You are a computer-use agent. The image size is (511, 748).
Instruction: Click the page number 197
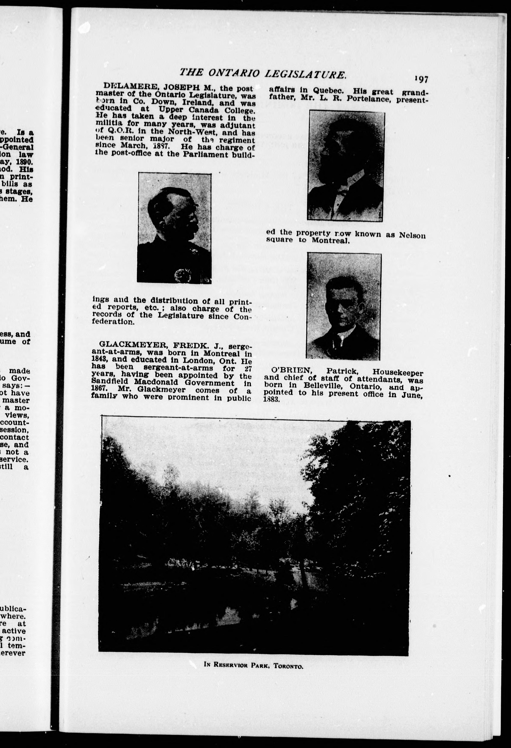point(421,79)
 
